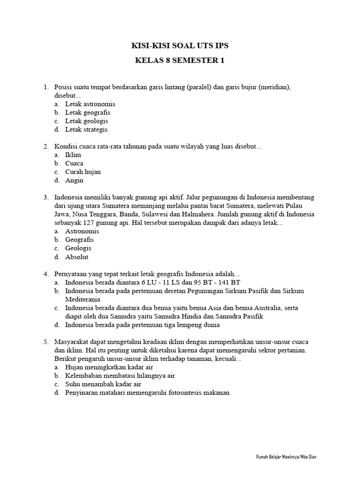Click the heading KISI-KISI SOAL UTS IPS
click(x=180, y=45)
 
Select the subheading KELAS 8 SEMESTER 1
click(x=180, y=61)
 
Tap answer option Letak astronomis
click(x=90, y=104)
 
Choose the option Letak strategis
click(x=86, y=129)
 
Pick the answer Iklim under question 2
click(x=73, y=155)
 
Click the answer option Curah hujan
click(x=83, y=172)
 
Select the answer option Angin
click(x=74, y=180)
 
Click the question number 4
click(x=46, y=274)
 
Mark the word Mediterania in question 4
click(x=82, y=299)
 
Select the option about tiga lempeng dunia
click(x=142, y=324)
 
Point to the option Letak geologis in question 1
click(x=87, y=121)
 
